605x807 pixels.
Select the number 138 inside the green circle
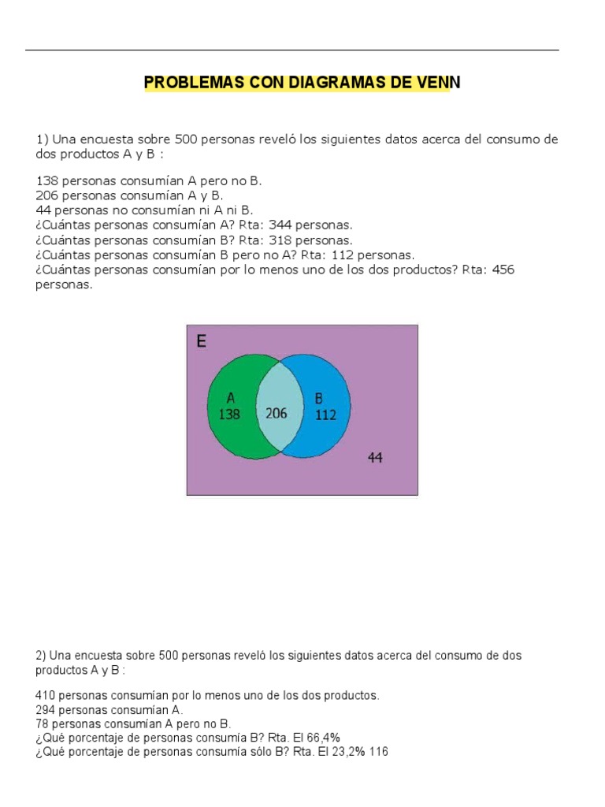[x=229, y=414]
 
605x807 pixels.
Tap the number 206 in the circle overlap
[x=277, y=413]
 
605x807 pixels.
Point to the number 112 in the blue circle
[x=325, y=415]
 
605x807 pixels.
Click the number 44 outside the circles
[x=376, y=457]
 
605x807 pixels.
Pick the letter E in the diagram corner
[x=202, y=341]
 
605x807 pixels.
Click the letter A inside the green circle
[x=231, y=399]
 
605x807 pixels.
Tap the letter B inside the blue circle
[x=319, y=399]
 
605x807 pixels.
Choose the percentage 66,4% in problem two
[x=324, y=737]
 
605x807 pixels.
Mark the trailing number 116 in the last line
[x=378, y=752]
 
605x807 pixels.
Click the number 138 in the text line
[x=48, y=180]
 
